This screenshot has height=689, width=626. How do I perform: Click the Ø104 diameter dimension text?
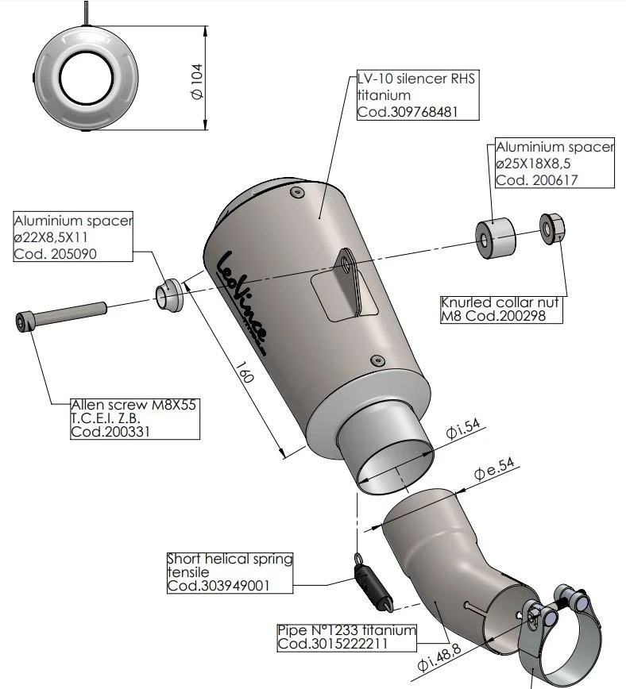pos(197,79)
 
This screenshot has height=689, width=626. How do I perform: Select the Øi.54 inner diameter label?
pos(464,433)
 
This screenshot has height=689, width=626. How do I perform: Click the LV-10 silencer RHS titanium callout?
pos(414,87)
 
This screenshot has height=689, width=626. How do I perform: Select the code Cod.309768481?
pos(407,112)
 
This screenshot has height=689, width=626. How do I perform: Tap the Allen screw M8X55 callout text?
pos(133,404)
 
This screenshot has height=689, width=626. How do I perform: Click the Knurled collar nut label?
pos(500,302)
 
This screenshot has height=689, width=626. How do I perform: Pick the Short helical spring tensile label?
pos(229,565)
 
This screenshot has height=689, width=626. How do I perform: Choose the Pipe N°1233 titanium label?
pos(346,630)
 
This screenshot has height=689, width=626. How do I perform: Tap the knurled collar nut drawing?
pos(552,227)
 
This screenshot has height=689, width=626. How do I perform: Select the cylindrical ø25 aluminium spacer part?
pos(493,234)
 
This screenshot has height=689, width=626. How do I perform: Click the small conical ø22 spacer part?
pos(168,294)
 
